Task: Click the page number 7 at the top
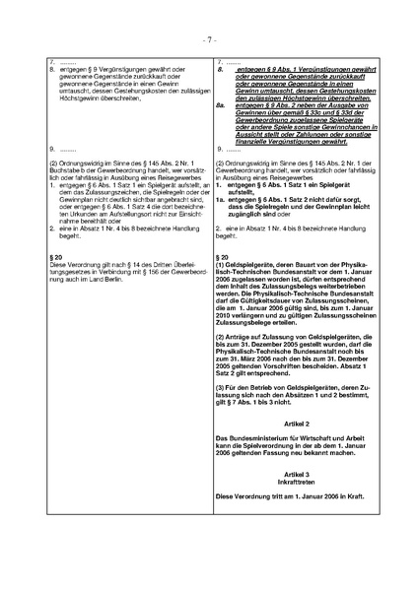(x=209, y=40)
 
